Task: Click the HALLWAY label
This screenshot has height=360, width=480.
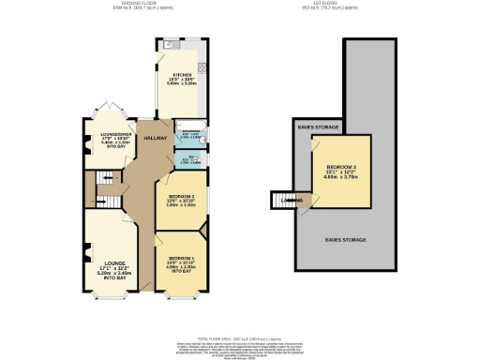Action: (155, 138)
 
